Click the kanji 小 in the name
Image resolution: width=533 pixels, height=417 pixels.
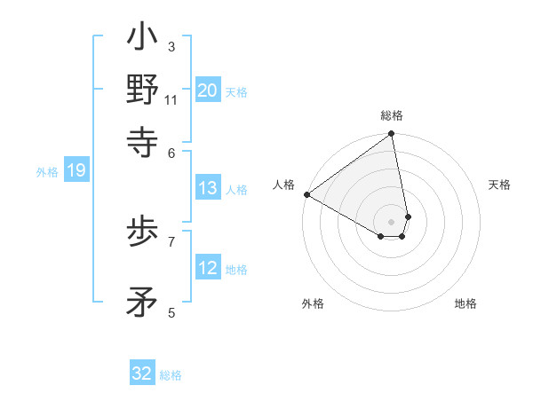click(x=143, y=39)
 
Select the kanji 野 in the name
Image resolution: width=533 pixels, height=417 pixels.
click(x=143, y=90)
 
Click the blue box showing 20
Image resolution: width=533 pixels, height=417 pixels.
click(x=208, y=90)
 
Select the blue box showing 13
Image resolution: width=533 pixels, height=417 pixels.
click(x=208, y=188)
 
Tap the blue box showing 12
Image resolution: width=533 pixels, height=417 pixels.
click(x=208, y=268)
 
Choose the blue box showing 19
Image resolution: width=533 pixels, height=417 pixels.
click(x=76, y=171)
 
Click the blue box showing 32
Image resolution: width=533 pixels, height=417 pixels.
click(x=142, y=374)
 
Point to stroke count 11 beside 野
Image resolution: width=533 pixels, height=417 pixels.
click(x=171, y=100)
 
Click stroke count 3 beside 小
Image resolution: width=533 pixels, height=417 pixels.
click(x=171, y=46)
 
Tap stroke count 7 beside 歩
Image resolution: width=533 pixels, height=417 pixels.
click(x=171, y=240)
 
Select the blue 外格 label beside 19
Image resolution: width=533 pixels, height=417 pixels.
click(x=47, y=172)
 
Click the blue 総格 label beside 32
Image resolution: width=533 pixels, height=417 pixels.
click(x=171, y=375)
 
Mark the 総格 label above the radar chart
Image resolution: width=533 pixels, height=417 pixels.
click(x=392, y=115)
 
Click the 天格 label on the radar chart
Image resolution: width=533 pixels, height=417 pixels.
click(x=499, y=185)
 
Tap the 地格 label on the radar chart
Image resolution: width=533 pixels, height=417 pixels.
click(x=465, y=303)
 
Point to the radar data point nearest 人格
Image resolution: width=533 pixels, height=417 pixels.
click(x=306, y=194)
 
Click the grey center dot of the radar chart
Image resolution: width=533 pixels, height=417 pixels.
click(x=392, y=221)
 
